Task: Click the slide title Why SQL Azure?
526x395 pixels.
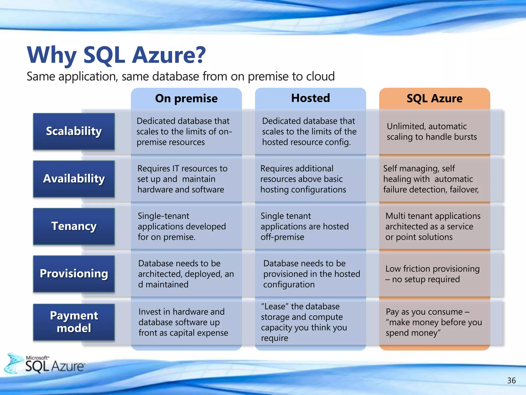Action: click(116, 55)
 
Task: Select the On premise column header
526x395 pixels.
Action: click(186, 98)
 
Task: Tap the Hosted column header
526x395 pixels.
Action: click(310, 98)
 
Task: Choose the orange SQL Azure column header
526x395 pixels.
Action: click(434, 98)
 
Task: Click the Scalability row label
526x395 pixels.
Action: click(74, 131)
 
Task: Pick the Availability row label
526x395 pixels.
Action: click(74, 179)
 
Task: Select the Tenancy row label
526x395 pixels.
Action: click(74, 226)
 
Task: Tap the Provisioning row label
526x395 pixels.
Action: click(74, 273)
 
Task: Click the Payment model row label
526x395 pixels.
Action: click(74, 322)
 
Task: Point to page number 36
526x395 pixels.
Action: click(511, 380)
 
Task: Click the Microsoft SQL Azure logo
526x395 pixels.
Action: click(46, 364)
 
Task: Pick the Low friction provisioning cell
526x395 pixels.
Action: click(432, 274)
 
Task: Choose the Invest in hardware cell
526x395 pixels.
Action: click(183, 322)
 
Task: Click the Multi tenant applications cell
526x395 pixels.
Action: click(433, 226)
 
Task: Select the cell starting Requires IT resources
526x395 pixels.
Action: click(182, 179)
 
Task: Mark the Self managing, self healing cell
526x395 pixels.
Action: click(431, 179)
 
